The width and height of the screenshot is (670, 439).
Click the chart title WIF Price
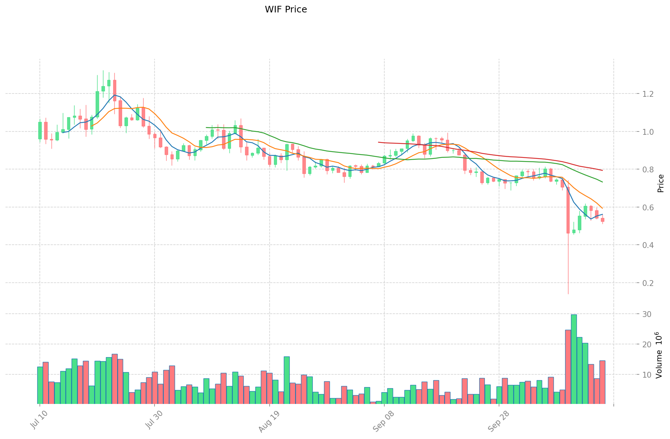click(x=286, y=9)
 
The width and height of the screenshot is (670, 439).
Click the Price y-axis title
click(x=661, y=183)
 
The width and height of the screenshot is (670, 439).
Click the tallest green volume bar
click(x=574, y=359)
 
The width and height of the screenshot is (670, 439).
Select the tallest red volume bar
click(x=568, y=367)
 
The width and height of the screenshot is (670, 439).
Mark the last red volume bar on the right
click(x=602, y=382)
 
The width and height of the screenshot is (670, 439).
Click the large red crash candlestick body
click(x=568, y=210)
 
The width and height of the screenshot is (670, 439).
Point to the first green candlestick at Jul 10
click(x=40, y=130)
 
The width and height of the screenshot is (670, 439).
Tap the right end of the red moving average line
click(x=602, y=170)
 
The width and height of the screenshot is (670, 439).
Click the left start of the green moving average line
click(x=206, y=127)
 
